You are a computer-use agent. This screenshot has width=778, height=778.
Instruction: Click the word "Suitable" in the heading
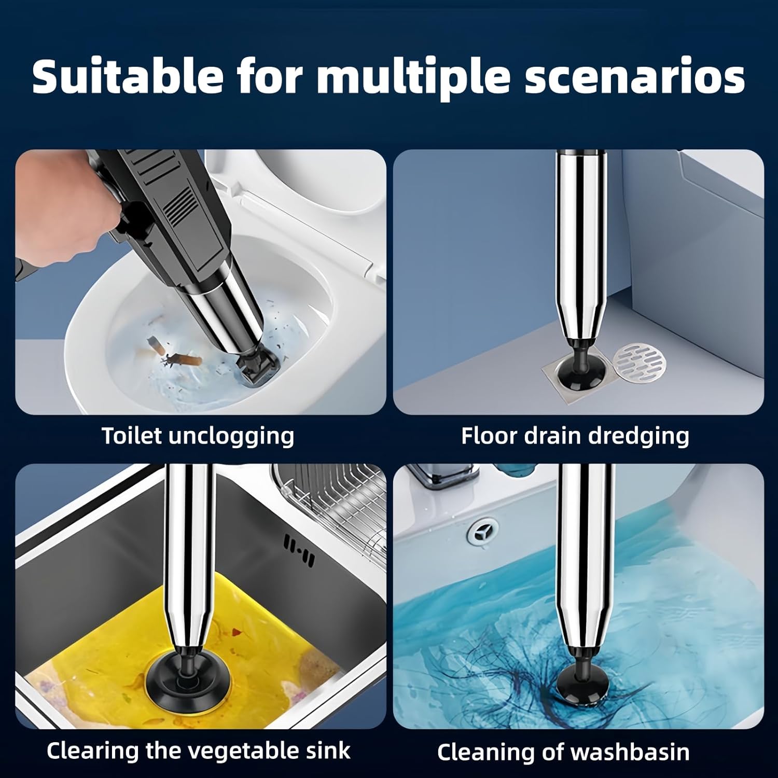128,76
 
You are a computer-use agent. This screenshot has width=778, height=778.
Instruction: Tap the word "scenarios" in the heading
635,76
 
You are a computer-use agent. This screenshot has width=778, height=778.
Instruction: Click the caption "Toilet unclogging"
198,436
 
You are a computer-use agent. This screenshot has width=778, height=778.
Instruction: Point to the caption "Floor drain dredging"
575,436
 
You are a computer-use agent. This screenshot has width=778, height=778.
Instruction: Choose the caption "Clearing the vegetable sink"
198,751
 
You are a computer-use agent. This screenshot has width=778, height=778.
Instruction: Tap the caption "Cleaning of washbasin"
563,752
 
